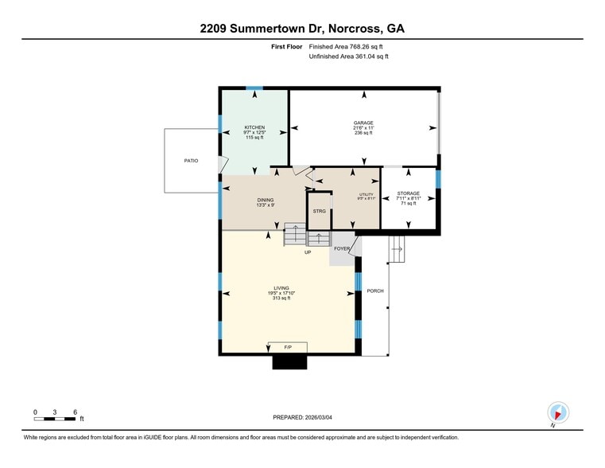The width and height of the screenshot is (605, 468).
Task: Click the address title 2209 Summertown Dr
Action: pyautogui.click(x=302, y=29)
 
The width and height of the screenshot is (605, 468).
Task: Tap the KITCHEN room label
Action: pyautogui.click(x=254, y=127)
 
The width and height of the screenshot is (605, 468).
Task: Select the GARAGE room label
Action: pyautogui.click(x=363, y=123)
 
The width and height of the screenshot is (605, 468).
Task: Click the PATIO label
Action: pyautogui.click(x=191, y=161)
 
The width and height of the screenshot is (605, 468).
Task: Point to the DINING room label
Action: pyautogui.click(x=265, y=200)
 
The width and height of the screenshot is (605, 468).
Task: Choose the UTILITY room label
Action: pyautogui.click(x=366, y=194)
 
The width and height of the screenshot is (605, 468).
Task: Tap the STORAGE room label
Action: pyautogui.click(x=408, y=193)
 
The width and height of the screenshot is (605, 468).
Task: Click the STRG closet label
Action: pyautogui.click(x=319, y=212)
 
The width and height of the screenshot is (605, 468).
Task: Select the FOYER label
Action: pyautogui.click(x=342, y=249)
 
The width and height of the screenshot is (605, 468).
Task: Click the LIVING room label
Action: pyautogui.click(x=281, y=288)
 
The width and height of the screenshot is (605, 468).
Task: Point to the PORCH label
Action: pyautogui.click(x=375, y=291)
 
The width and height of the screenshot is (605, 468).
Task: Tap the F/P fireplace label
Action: pyautogui.click(x=288, y=348)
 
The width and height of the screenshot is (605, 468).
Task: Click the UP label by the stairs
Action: pyautogui.click(x=307, y=252)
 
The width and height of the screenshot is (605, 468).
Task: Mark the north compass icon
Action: pyautogui.click(x=558, y=413)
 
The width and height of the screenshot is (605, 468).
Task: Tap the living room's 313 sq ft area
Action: pyautogui.click(x=281, y=298)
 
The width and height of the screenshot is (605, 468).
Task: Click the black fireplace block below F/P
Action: pyautogui.click(x=289, y=362)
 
